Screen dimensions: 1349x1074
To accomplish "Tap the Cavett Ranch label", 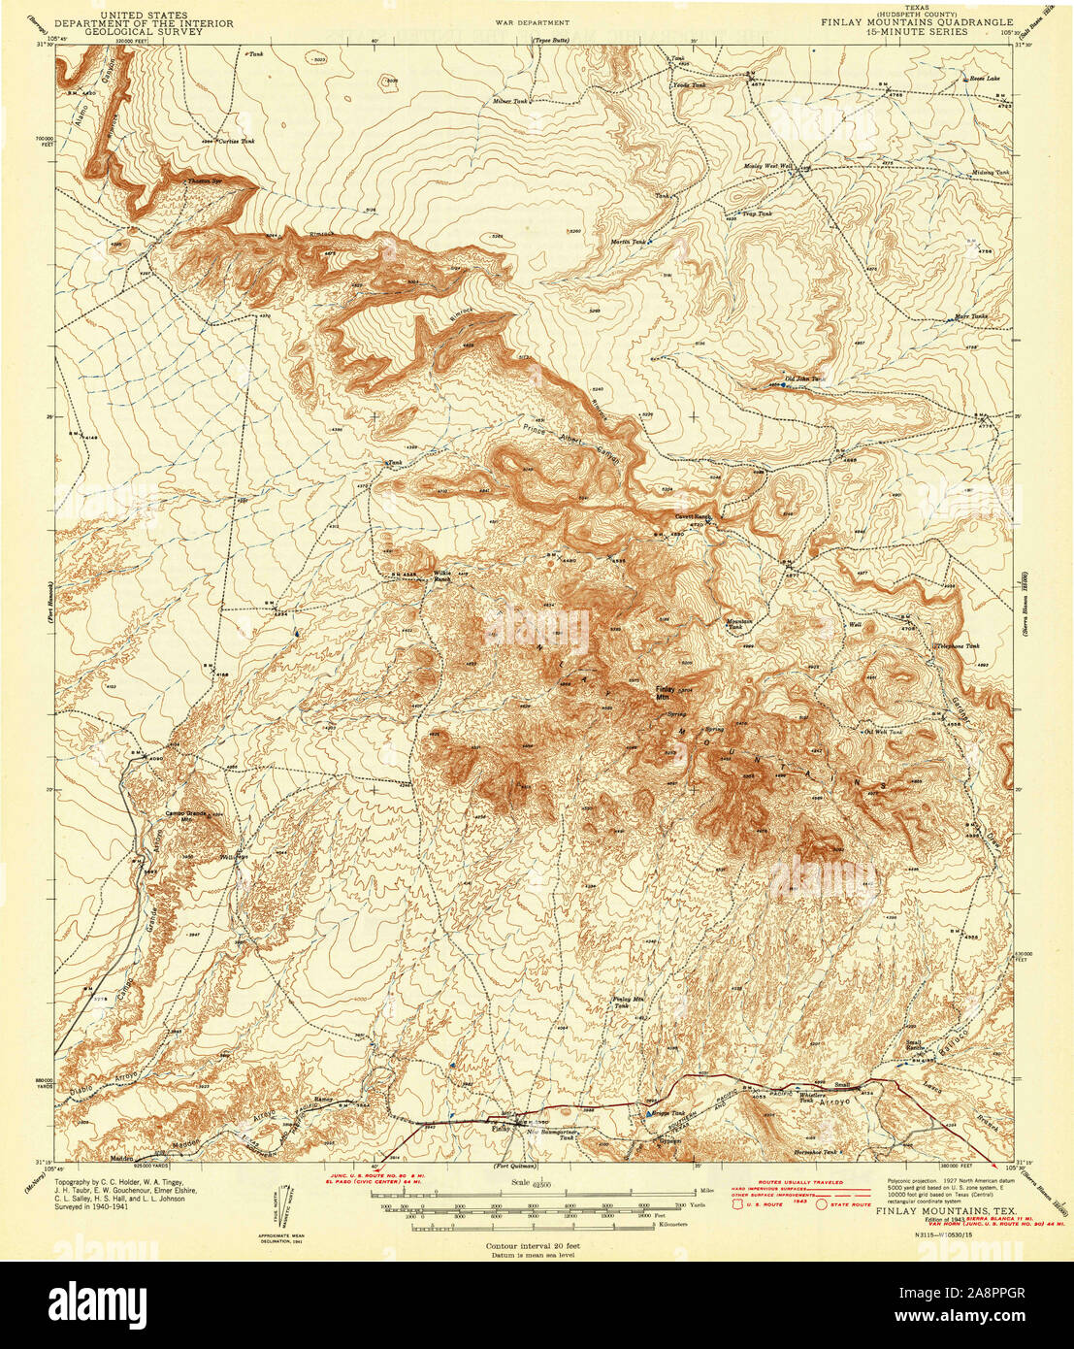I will point(692,516).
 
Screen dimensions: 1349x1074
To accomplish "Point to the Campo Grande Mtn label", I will point(187,815).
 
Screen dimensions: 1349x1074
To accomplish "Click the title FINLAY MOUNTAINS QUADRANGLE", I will point(917,21).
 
